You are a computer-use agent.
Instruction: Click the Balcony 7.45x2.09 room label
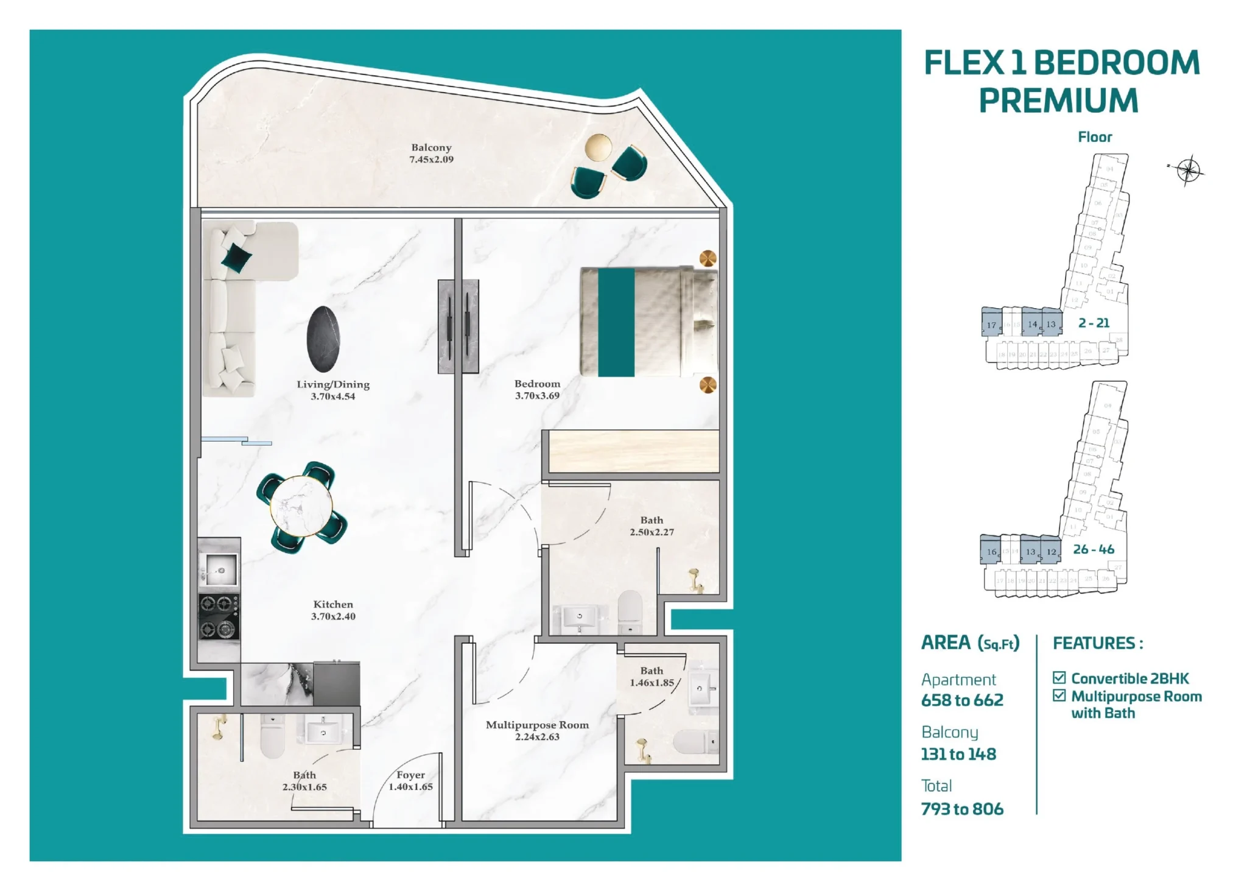[x=431, y=153]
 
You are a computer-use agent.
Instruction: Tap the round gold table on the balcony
[x=598, y=147]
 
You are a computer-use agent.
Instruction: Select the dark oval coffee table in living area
[x=323, y=339]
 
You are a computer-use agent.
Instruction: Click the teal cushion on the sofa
[x=236, y=258]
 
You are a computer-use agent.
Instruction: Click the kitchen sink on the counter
[x=219, y=571]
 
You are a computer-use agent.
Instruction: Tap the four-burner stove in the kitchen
[x=219, y=616]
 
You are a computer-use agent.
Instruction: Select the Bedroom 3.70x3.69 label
[x=537, y=390]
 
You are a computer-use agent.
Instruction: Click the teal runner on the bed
[x=616, y=322]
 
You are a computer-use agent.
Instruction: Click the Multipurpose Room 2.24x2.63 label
[x=537, y=730]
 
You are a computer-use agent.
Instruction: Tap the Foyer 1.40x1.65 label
[x=410, y=781]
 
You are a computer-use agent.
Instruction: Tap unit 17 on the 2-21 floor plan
[x=991, y=324]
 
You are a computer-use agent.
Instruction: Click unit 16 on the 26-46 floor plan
[x=991, y=551]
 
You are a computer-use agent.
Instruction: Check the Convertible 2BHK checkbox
[x=1059, y=678]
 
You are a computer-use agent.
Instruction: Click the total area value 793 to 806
[x=961, y=809]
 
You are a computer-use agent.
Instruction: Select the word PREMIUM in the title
[x=1058, y=101]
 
